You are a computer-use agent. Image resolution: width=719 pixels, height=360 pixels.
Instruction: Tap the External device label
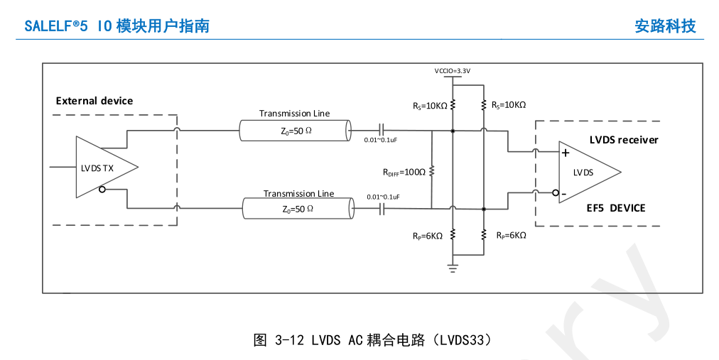(x=94, y=101)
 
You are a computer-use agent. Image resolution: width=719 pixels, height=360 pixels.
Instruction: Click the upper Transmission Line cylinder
(x=295, y=131)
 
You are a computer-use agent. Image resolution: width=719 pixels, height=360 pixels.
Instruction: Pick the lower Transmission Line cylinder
(x=298, y=209)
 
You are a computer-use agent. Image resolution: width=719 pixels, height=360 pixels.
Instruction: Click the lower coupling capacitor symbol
(x=382, y=209)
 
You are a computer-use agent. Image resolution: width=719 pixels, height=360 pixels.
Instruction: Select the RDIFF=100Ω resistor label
(x=404, y=173)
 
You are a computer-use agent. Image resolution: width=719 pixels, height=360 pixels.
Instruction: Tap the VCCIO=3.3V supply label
(x=453, y=71)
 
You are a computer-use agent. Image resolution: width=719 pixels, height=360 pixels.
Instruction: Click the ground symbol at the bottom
(x=453, y=268)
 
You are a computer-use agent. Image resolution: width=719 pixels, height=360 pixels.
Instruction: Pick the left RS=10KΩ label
(x=430, y=107)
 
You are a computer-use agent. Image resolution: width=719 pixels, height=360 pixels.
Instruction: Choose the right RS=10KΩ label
(x=509, y=105)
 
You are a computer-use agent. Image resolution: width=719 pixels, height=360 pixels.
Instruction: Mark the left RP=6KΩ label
(x=428, y=236)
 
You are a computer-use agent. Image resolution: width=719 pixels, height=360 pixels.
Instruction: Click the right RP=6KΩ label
(x=512, y=236)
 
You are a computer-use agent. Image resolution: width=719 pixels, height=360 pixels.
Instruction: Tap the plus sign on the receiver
(x=566, y=153)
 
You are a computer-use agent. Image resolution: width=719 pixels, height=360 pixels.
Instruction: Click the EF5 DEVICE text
(x=616, y=208)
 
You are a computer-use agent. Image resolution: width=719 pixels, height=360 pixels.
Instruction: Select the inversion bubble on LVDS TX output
(x=102, y=189)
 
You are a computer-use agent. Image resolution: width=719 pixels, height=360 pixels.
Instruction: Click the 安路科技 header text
(x=665, y=26)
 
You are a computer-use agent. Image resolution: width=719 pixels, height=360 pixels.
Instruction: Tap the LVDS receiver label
(x=624, y=140)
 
